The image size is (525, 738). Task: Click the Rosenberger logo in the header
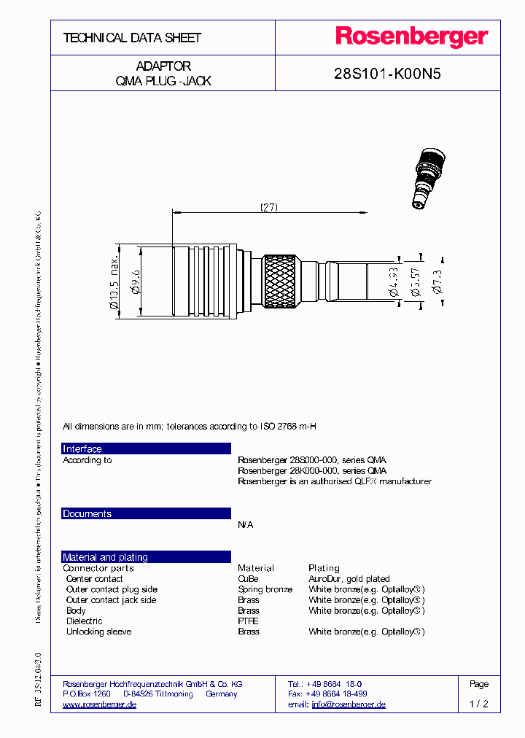click(411, 37)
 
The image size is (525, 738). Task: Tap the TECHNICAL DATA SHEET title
click(132, 38)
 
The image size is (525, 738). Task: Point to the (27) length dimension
click(269, 207)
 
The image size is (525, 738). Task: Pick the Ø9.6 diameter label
click(135, 280)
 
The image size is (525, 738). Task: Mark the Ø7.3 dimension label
click(437, 280)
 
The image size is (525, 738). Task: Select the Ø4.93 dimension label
click(394, 281)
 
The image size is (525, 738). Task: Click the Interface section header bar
click(146, 448)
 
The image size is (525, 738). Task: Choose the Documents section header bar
click(146, 513)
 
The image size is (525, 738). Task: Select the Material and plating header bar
click(146, 557)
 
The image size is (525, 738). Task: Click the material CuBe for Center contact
click(248, 579)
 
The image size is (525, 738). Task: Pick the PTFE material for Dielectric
click(248, 621)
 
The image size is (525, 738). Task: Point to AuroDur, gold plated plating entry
click(349, 579)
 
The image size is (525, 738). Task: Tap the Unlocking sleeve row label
click(98, 632)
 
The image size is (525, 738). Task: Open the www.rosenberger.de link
click(100, 704)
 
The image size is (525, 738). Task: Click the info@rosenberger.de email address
click(349, 704)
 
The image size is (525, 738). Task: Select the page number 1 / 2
click(478, 704)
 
